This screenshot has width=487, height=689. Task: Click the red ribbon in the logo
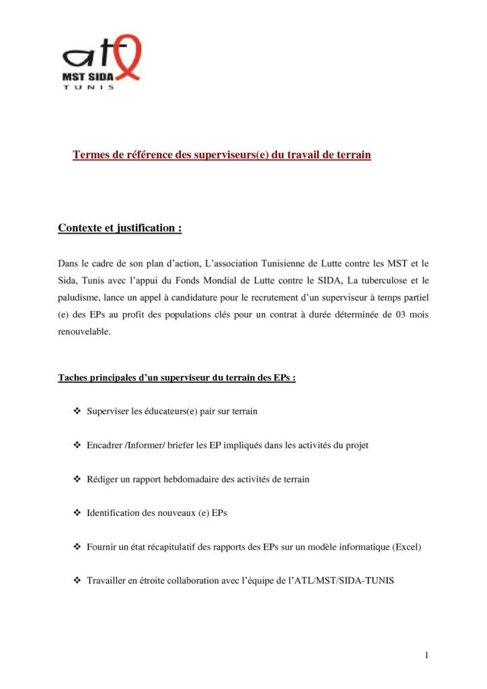pyautogui.click(x=128, y=57)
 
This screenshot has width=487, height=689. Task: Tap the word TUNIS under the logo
pyautogui.click(x=88, y=87)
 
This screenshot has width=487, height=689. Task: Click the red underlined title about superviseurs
pyautogui.click(x=222, y=155)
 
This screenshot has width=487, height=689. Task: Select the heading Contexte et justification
pyautogui.click(x=120, y=228)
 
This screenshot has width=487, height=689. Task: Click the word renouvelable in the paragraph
pyautogui.click(x=84, y=332)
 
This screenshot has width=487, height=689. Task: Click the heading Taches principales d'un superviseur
pyautogui.click(x=177, y=377)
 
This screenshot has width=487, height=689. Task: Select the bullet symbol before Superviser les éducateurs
pyautogui.click(x=75, y=410)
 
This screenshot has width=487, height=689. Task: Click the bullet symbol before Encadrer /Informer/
pyautogui.click(x=75, y=445)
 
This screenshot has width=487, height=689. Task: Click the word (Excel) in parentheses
pyautogui.click(x=406, y=546)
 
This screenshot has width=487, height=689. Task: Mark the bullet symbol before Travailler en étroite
pyautogui.click(x=75, y=580)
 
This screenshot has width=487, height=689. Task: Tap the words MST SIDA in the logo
pyautogui.click(x=88, y=77)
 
